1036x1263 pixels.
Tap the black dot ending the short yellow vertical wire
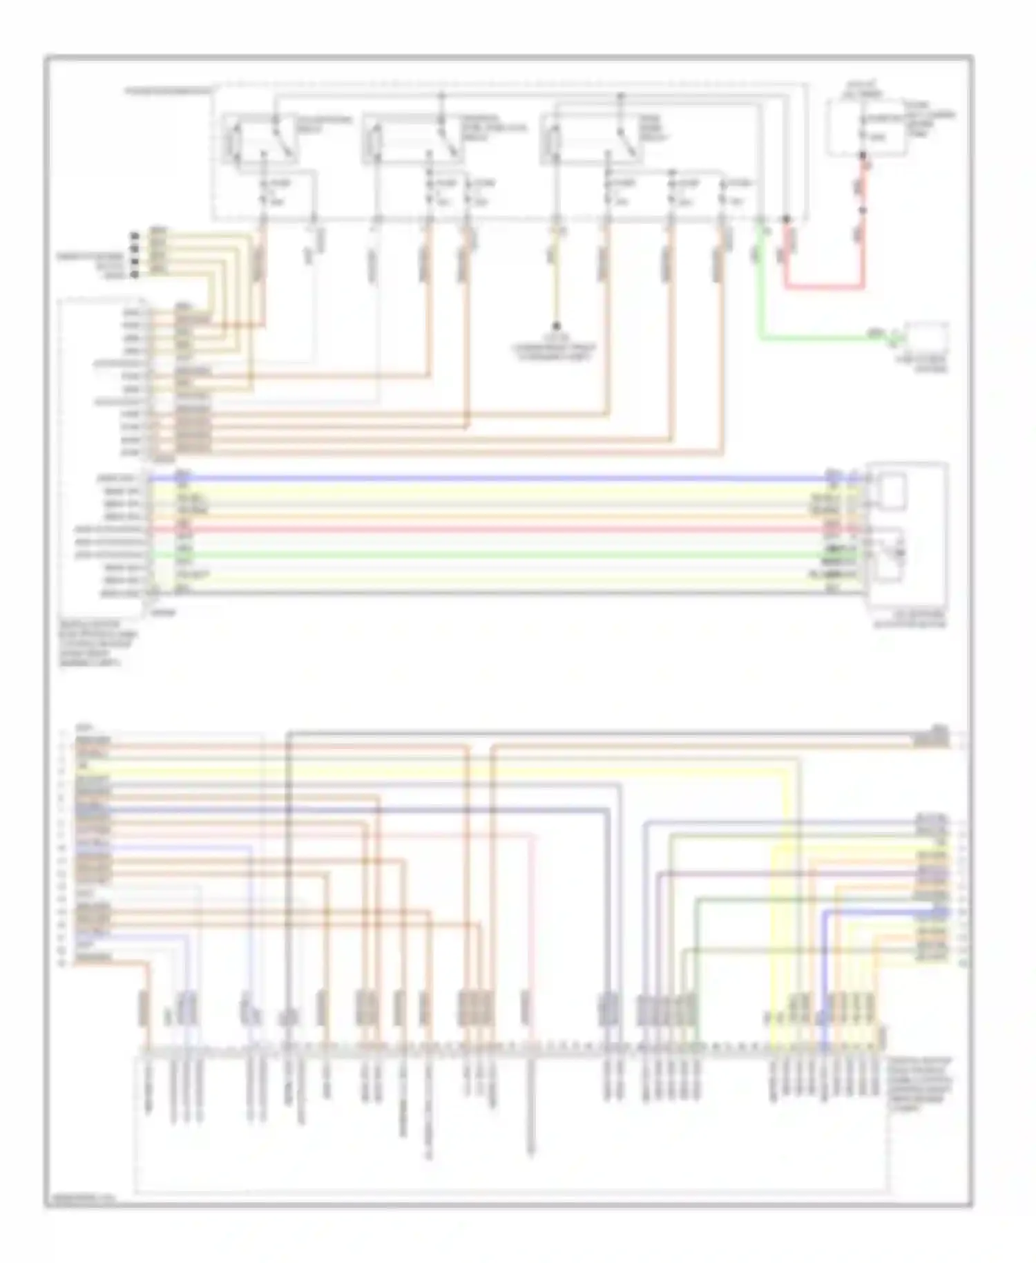pyautogui.click(x=556, y=326)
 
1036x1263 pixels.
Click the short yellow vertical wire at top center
pyautogui.click(x=556, y=276)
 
